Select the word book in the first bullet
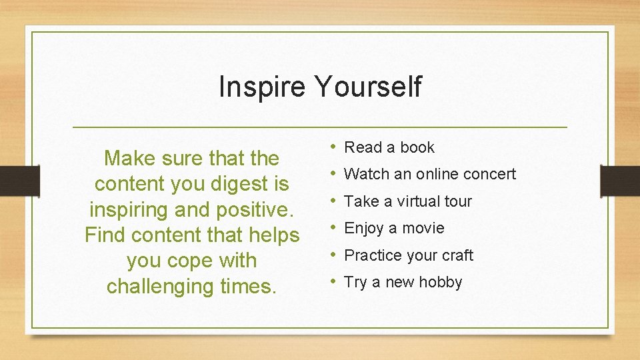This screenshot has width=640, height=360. tap(417, 147)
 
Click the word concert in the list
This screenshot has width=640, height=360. tap(489, 174)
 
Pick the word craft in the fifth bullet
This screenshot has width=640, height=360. tap(457, 255)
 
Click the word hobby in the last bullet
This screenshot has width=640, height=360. tap(441, 283)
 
